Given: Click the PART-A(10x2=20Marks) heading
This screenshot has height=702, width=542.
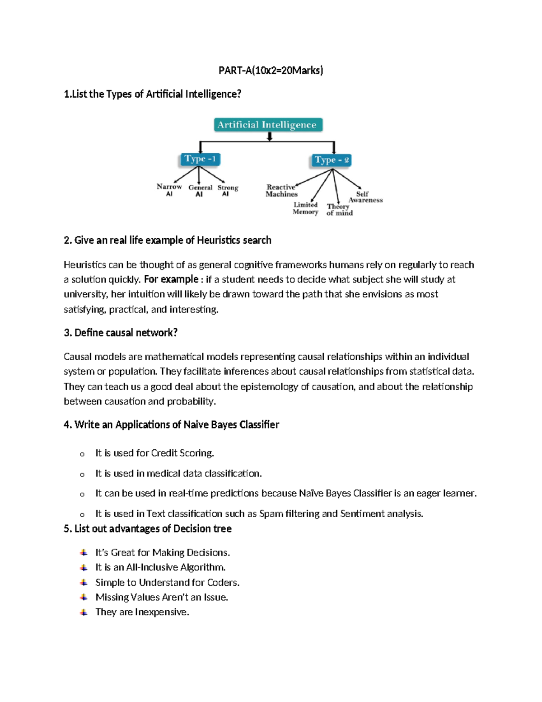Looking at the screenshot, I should point(271,70).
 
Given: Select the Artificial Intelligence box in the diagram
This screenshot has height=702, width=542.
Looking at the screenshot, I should point(268,125).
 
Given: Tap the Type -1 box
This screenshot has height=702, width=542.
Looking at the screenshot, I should point(200,159).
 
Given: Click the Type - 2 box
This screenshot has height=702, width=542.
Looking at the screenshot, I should point(332,160).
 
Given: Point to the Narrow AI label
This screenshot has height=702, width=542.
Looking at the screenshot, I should point(169,190).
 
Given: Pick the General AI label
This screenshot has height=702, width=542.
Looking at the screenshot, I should point(200,191).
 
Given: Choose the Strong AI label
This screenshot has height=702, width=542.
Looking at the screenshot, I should point(227,190).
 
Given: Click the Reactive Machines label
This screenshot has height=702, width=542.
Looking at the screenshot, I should point(281,190).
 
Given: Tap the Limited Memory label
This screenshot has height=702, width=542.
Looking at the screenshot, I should point(305,208).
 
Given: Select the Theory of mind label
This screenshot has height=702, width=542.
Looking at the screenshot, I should point(339,209).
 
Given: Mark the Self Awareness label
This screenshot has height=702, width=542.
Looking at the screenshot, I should point(364,197).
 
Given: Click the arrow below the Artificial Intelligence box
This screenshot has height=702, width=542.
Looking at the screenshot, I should point(270,137).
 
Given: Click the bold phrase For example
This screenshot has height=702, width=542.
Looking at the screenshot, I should point(171,279).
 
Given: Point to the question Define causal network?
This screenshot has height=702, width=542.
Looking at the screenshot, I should point(121,333).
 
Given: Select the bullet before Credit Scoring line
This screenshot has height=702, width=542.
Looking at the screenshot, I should point(82,454).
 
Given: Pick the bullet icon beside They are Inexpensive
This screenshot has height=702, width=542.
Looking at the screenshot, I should point(84,612).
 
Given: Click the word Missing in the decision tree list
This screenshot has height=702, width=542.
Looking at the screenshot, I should point(112,597).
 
